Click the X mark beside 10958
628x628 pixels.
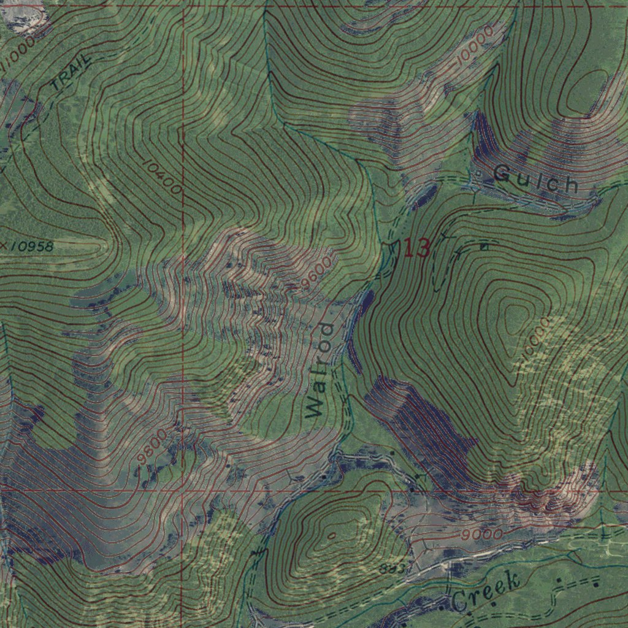click(4, 246)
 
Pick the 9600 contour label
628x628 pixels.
click(316, 273)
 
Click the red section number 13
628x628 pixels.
click(416, 248)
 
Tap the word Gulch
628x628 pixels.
click(536, 179)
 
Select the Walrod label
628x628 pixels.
click(320, 370)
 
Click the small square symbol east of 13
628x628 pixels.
click(484, 247)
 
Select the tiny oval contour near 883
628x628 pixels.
click(331, 535)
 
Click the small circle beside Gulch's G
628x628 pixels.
click(479, 173)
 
